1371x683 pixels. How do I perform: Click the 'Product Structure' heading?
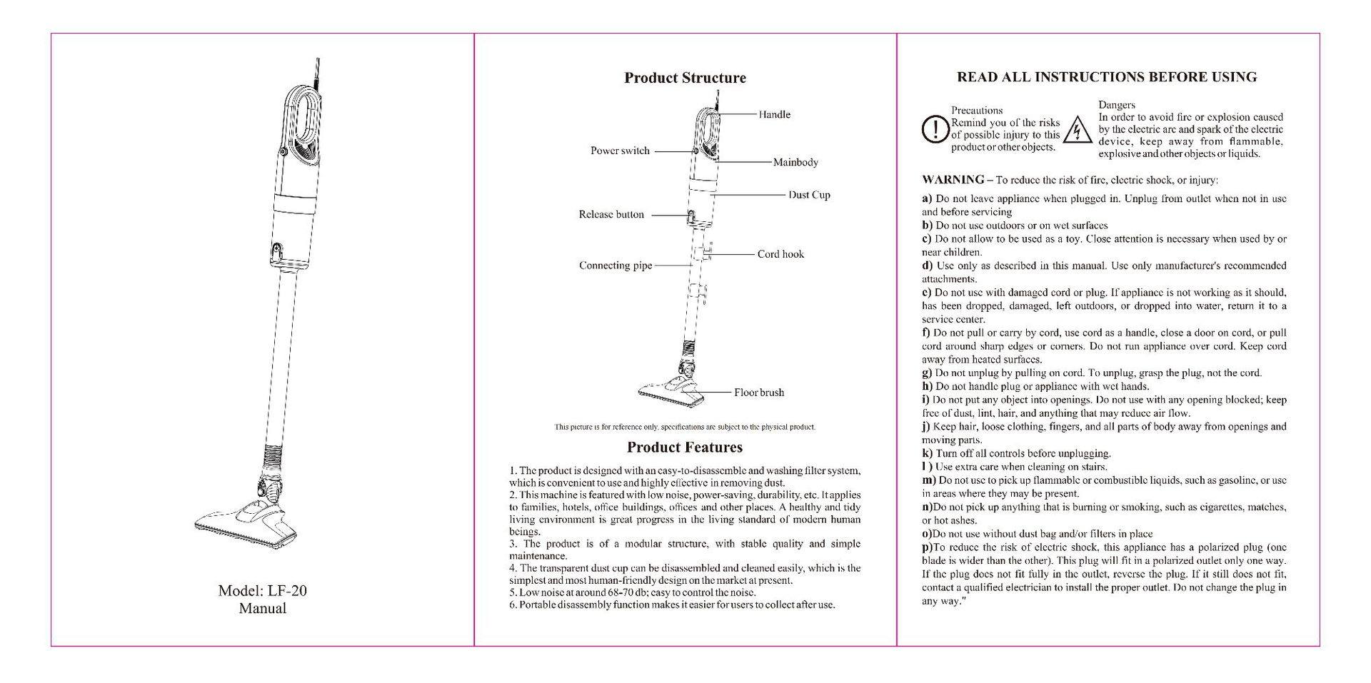click(x=685, y=78)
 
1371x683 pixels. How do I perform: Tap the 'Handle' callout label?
click(x=774, y=114)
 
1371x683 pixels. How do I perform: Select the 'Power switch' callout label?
click(x=620, y=151)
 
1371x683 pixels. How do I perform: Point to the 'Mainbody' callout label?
click(x=795, y=162)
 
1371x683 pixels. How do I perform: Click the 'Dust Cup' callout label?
click(x=809, y=195)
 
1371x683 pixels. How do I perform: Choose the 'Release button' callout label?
click(x=611, y=214)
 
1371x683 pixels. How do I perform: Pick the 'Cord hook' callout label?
click(x=780, y=254)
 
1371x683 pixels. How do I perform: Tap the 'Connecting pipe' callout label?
click(x=616, y=265)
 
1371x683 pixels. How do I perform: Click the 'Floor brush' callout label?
click(x=759, y=393)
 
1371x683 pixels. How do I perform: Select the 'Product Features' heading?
click(x=685, y=447)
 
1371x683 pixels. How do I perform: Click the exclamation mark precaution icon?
click(x=934, y=129)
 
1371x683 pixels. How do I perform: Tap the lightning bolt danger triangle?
click(x=1075, y=131)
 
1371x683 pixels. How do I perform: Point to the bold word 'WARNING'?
click(x=953, y=180)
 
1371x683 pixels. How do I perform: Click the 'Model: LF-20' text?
click(x=263, y=591)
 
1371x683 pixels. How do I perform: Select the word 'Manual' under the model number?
click(x=263, y=609)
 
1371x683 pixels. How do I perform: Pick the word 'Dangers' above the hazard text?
click(x=1117, y=105)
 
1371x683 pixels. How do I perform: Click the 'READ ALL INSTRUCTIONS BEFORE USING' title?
click(x=1107, y=77)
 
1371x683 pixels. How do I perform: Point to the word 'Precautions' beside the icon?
click(x=977, y=111)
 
